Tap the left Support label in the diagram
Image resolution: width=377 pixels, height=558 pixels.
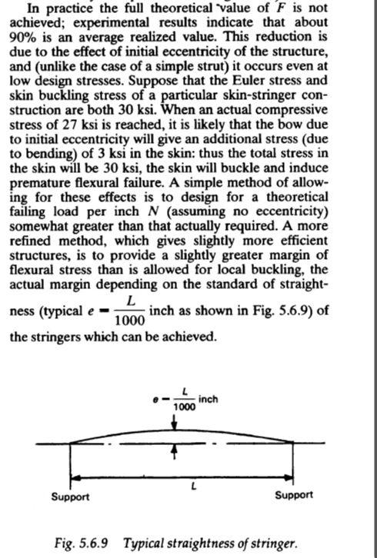70,496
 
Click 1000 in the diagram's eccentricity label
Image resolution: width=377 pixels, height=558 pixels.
184,407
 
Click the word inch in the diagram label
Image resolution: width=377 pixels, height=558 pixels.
208,400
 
